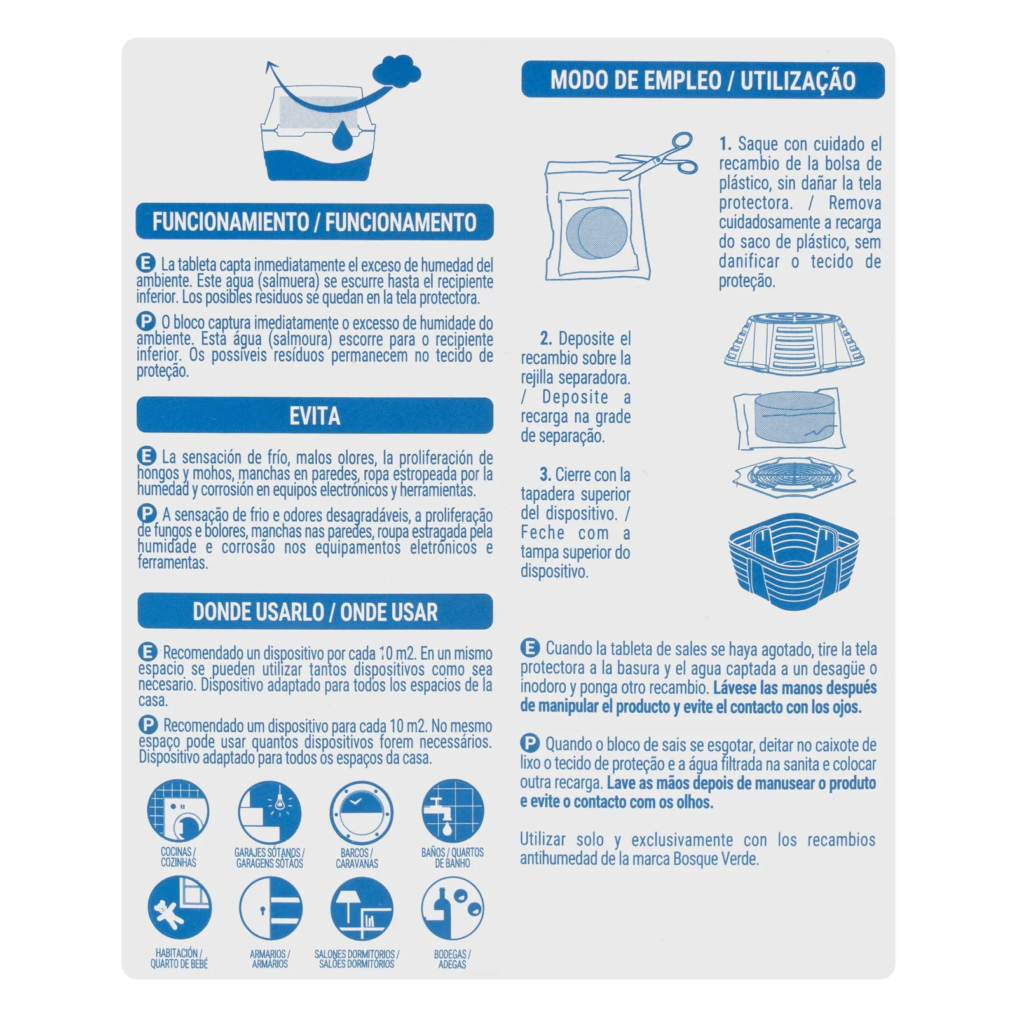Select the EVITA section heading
315,416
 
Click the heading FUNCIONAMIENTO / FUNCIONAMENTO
315,222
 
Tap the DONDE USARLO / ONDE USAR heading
315,611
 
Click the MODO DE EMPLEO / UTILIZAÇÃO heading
703,80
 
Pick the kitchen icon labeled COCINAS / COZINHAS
179,811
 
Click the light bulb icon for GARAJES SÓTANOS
270,812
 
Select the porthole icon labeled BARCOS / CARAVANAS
360,812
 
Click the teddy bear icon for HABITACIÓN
179,908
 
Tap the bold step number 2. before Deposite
545,338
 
